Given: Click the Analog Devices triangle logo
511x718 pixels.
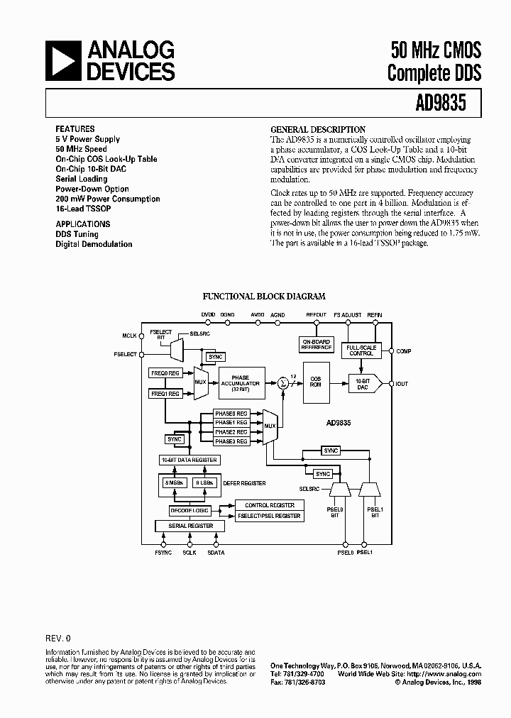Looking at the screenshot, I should (x=62, y=60).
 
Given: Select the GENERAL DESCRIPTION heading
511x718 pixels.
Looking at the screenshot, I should (x=318, y=130).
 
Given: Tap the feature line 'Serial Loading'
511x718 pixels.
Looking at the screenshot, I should (x=82, y=179).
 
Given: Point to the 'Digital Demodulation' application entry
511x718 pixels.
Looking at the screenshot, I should (x=94, y=244).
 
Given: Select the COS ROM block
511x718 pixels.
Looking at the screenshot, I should (x=316, y=380).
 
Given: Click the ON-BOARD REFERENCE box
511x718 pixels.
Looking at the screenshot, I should (x=317, y=344).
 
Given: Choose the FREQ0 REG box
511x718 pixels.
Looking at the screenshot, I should (x=165, y=372).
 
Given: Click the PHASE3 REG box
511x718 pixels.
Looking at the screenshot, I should (x=231, y=441).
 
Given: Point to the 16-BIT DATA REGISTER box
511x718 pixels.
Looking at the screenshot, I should (x=189, y=460).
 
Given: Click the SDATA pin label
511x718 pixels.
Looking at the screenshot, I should (x=216, y=552).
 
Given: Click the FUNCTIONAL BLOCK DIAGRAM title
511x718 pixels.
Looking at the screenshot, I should (x=264, y=297).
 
